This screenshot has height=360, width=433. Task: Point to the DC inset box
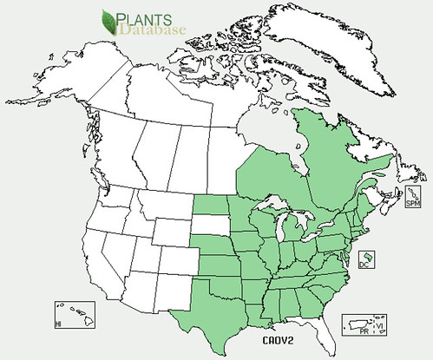click(x=368, y=259)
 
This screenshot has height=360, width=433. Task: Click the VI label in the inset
click(x=377, y=325)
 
